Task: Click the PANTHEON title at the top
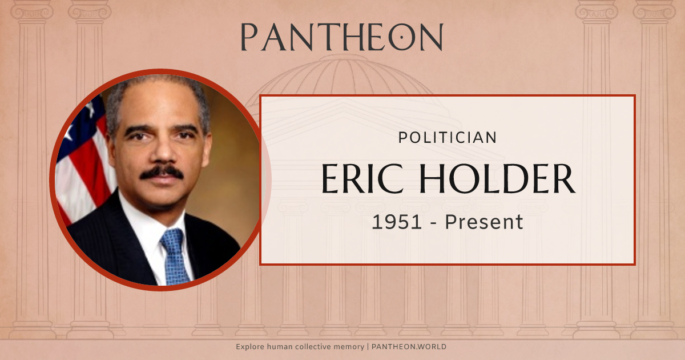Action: point(341,37)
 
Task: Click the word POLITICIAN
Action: point(447,138)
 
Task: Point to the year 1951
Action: point(398,222)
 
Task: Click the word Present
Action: point(484,222)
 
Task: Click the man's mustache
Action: point(162,172)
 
